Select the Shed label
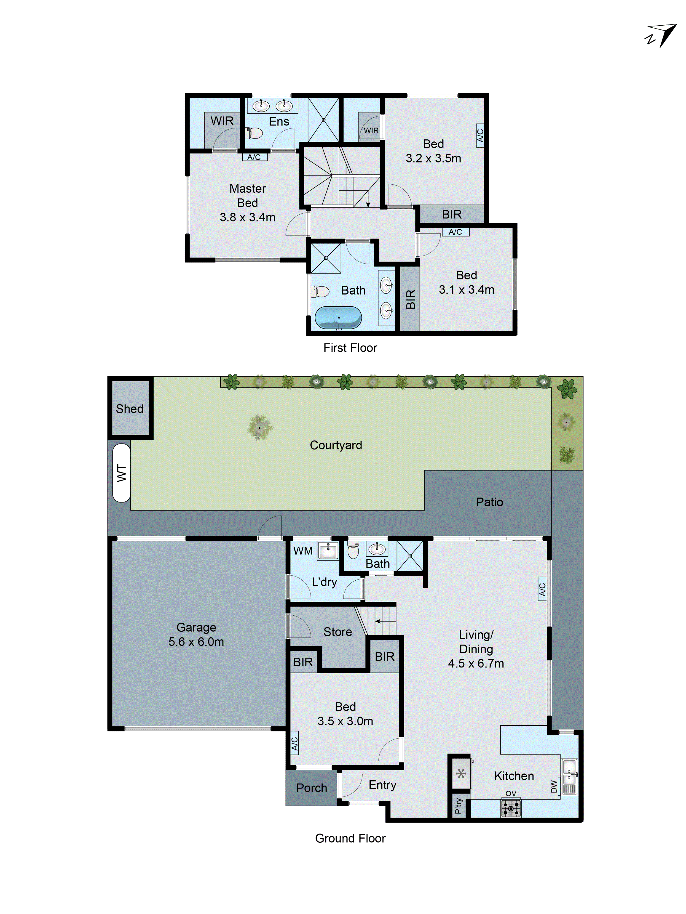coord(129,409)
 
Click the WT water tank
coord(121,473)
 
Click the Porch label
coord(311,788)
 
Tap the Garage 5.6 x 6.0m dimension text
coord(196,642)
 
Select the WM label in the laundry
coord(303,551)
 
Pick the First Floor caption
coord(350,348)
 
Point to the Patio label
coord(489,502)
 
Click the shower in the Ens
coord(323,120)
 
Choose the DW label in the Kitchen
coord(554,786)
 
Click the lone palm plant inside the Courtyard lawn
coord(260,427)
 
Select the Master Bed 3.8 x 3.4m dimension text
coord(247,217)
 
